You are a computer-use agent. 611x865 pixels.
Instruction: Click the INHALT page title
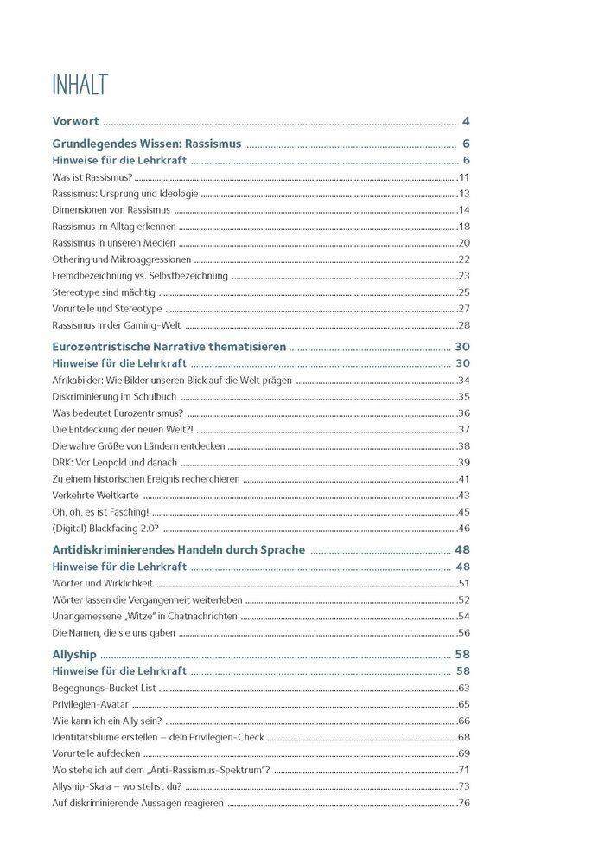tap(80, 86)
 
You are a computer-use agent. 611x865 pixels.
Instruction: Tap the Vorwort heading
tap(75, 121)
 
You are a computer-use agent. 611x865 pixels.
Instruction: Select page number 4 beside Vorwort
tap(466, 121)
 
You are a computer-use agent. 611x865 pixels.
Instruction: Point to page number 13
tap(464, 194)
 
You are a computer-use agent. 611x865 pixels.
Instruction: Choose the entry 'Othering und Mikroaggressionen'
tap(121, 259)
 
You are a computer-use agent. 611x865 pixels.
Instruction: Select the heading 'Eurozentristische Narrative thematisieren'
tap(169, 347)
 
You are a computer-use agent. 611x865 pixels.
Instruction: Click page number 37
tap(464, 429)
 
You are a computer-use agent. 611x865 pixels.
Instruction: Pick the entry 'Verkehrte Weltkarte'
tap(95, 495)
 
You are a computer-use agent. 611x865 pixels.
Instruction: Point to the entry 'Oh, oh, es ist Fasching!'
tap(100, 511)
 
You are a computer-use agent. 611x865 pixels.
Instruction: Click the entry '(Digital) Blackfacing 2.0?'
tap(105, 528)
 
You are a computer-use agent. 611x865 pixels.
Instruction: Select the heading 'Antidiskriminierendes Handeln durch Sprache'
tap(179, 550)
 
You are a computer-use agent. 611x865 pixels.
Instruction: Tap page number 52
tap(464, 599)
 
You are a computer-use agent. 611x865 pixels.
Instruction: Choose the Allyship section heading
tap(74, 655)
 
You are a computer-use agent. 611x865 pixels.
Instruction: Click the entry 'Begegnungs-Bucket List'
tap(104, 688)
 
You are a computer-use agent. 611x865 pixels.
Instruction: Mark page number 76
tap(464, 803)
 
